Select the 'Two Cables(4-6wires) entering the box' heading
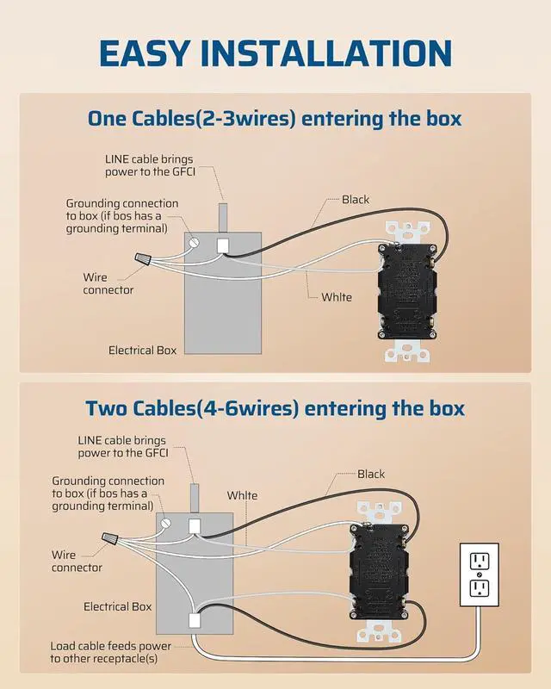click(x=275, y=407)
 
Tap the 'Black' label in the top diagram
click(x=356, y=200)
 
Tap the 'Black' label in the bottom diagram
click(x=371, y=475)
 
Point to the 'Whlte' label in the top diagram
click(x=337, y=297)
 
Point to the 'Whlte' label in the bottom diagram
click(x=242, y=496)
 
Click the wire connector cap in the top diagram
click(x=144, y=258)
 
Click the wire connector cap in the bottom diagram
click(x=110, y=540)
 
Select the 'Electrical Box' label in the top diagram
click(x=142, y=351)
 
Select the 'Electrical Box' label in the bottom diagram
click(x=117, y=607)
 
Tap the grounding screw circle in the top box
click(x=194, y=244)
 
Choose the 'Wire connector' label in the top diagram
click(x=108, y=283)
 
